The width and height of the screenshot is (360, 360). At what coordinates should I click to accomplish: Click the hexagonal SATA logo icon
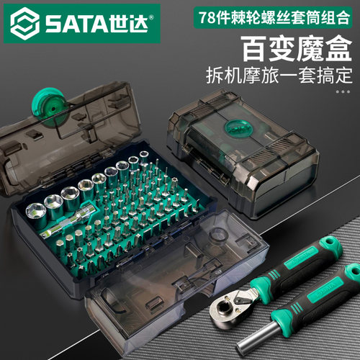[x=25, y=24]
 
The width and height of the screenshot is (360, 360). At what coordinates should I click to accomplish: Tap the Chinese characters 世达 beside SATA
[x=128, y=24]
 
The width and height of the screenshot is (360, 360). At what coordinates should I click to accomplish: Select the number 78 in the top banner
[x=207, y=17]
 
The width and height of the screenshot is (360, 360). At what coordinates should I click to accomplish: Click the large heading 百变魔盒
[x=297, y=49]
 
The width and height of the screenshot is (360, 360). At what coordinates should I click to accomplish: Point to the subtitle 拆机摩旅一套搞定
[x=279, y=76]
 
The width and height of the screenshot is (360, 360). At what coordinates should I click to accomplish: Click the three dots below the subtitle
[x=343, y=91]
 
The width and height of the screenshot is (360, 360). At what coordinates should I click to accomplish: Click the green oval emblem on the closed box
[x=238, y=128]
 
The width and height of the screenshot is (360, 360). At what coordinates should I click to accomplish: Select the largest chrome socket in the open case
[x=37, y=215]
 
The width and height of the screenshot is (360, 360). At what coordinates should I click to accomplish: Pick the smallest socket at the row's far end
[x=144, y=157]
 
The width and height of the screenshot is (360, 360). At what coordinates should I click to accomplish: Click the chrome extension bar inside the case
[x=67, y=222]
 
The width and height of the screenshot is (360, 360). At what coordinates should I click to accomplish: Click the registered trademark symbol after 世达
[x=151, y=17]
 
